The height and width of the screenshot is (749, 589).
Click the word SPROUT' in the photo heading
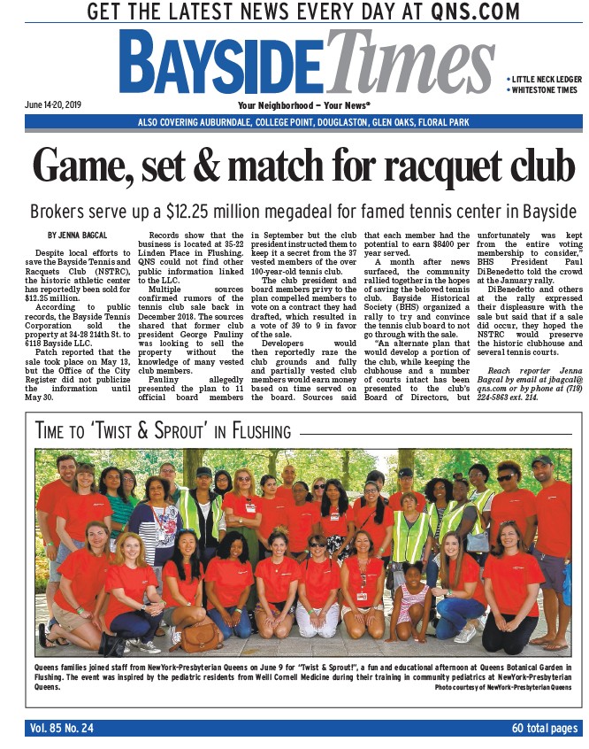coord(186,432)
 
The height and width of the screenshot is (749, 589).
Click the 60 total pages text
coord(544,729)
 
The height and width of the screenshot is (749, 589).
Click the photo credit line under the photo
coord(502,687)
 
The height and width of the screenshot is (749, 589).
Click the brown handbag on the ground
coord(200,635)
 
